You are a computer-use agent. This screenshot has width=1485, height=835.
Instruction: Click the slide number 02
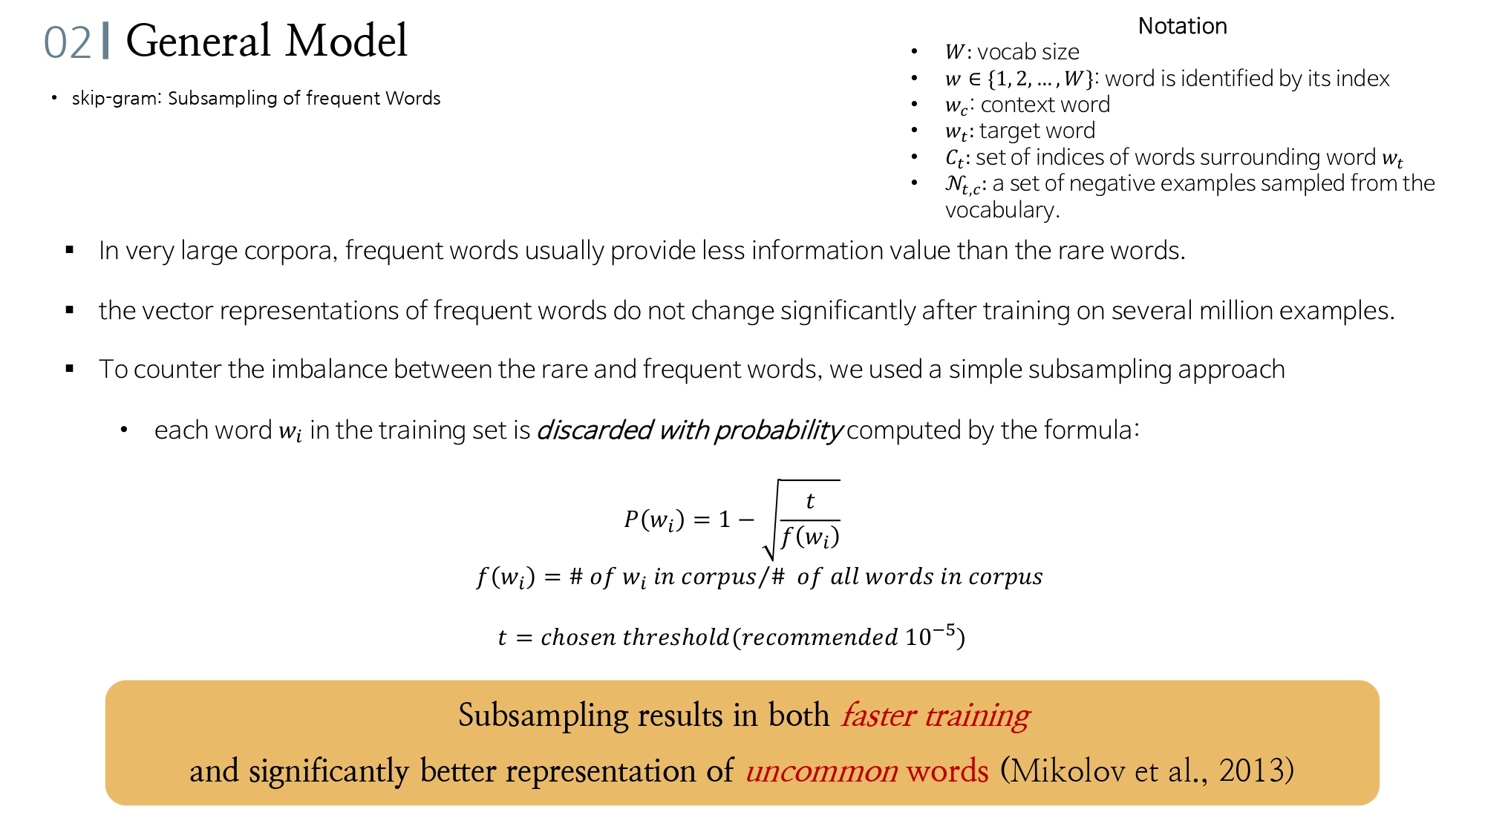pos(67,42)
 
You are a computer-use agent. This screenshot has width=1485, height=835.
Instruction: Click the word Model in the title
pos(347,41)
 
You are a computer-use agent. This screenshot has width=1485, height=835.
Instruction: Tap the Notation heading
pos(1182,26)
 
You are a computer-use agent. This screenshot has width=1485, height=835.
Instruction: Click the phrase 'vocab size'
pos(1028,52)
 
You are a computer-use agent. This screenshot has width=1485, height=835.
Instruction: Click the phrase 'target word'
pos(1037,131)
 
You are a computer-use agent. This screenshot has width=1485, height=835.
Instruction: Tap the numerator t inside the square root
pos(810,501)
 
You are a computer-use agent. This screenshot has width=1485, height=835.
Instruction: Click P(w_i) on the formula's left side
pos(653,520)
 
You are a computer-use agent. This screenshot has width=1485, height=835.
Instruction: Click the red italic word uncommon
pos(821,771)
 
